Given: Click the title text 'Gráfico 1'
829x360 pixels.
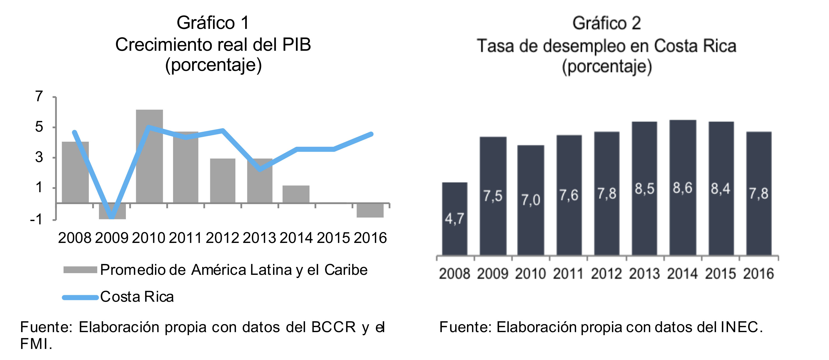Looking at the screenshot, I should tap(213, 23).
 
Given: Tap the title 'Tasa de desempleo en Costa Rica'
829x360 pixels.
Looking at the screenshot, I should tap(606, 46).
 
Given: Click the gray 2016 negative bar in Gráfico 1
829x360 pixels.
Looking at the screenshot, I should tap(370, 211).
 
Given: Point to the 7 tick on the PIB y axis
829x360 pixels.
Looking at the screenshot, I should tap(39, 96).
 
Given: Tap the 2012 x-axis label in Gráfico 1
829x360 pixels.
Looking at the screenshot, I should tap(222, 238).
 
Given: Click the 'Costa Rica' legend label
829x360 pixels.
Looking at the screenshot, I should tap(137, 297).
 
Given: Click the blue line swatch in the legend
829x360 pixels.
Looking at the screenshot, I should tap(80, 298).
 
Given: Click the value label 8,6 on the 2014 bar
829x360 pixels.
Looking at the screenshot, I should tap(682, 188).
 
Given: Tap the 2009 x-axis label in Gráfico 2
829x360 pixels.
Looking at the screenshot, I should tap(492, 274).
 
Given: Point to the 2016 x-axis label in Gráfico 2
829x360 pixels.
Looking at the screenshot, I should tap(758, 274).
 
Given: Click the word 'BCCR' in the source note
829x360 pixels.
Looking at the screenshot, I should tap(333, 327).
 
